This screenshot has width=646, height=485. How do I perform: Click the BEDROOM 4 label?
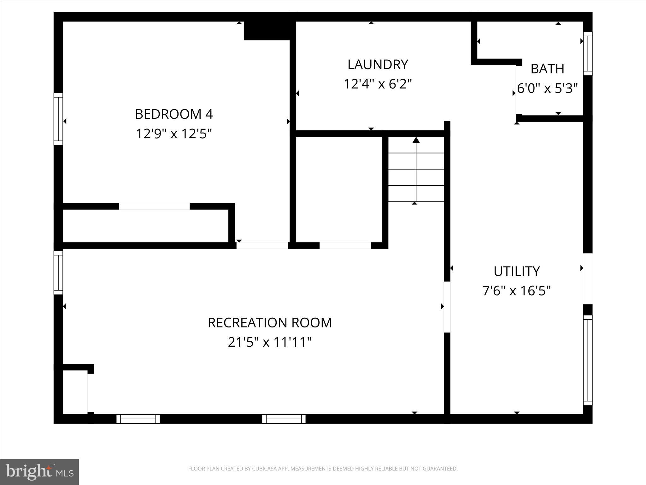(174, 114)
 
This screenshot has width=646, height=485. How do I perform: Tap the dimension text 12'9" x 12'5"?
(173, 134)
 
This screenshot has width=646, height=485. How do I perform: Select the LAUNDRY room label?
(378, 64)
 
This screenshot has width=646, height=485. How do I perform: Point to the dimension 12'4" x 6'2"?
(378, 84)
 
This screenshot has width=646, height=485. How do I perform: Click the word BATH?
(547, 69)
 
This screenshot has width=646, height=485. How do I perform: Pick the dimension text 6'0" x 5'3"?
(548, 88)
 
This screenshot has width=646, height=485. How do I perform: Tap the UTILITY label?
(516, 271)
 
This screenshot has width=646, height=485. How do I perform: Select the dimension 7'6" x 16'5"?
(516, 290)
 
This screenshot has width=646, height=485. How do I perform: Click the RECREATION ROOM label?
(270, 323)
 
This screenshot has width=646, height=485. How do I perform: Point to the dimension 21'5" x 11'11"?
(270, 342)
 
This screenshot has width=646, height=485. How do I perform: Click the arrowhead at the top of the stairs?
(416, 140)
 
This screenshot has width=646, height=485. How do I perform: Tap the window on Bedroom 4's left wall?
(58, 119)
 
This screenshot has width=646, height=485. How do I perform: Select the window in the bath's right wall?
(588, 53)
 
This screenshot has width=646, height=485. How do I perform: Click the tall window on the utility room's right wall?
(588, 360)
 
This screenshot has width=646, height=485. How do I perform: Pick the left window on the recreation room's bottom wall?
(138, 419)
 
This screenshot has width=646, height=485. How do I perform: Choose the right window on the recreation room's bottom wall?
(284, 419)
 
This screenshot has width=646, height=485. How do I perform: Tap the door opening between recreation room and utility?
(447, 307)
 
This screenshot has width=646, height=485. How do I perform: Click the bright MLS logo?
(39, 472)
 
